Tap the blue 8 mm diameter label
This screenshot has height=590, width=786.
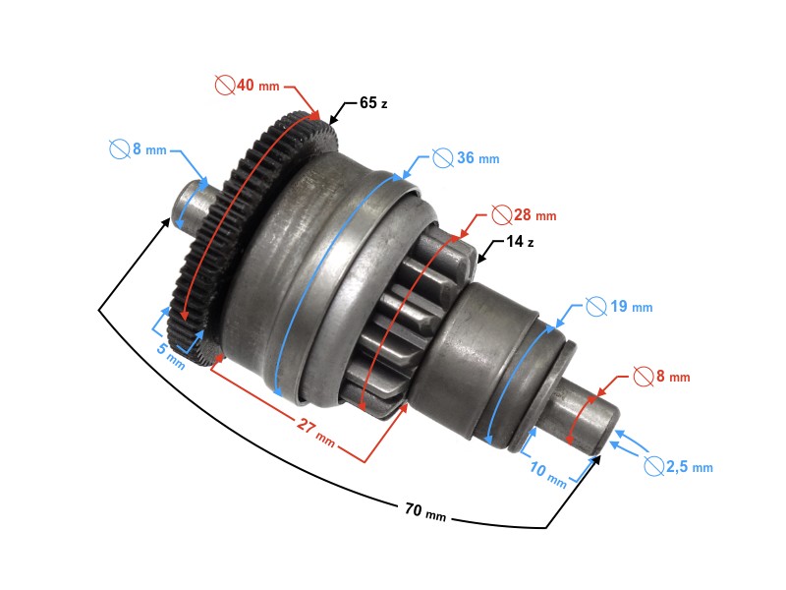(138, 149)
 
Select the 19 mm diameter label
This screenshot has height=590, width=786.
(619, 306)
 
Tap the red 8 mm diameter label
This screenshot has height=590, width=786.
(661, 376)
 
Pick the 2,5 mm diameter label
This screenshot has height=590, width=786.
(678, 466)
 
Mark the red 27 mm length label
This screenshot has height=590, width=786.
(315, 432)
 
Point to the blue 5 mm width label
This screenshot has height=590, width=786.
(169, 353)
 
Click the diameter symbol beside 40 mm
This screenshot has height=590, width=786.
(224, 86)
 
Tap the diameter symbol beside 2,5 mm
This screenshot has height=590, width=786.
(653, 466)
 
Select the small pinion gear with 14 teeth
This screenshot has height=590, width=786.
(403, 315)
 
